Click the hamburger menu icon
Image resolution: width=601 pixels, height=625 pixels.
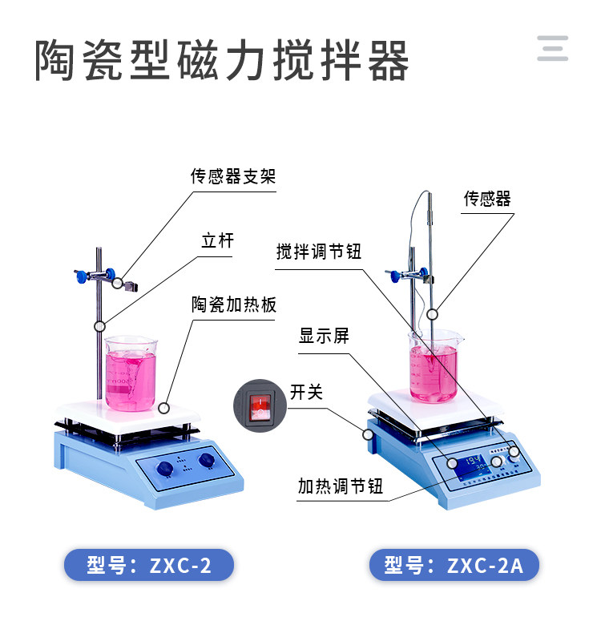coord(552,48)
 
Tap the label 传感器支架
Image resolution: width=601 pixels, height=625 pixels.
coord(233,176)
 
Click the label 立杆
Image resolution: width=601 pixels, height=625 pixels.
coord(218,240)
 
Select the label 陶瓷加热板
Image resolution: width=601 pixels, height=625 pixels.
coord(234,304)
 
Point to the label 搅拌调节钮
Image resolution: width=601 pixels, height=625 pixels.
coord(319,252)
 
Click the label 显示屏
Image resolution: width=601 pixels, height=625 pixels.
coord(324,336)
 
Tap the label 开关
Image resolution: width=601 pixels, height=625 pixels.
coord(306,392)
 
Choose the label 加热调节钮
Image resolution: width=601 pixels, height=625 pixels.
coord(341,486)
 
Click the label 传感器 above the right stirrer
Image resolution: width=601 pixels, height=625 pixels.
coord(487,199)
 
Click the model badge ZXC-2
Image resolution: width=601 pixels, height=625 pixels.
coord(149,565)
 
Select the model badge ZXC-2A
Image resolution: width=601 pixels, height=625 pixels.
coord(454,565)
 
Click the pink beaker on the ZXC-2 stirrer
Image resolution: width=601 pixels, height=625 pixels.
coord(131,374)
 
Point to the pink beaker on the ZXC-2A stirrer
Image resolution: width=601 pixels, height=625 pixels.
coord(434,367)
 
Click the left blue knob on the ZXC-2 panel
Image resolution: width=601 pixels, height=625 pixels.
coord(164,468)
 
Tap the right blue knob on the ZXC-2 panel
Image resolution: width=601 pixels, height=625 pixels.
coord(207,460)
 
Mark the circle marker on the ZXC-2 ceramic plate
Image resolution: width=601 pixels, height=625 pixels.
coord(163,408)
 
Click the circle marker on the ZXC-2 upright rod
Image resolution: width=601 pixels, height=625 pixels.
coord(99,326)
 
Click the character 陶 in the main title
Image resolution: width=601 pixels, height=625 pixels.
coord(55,61)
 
